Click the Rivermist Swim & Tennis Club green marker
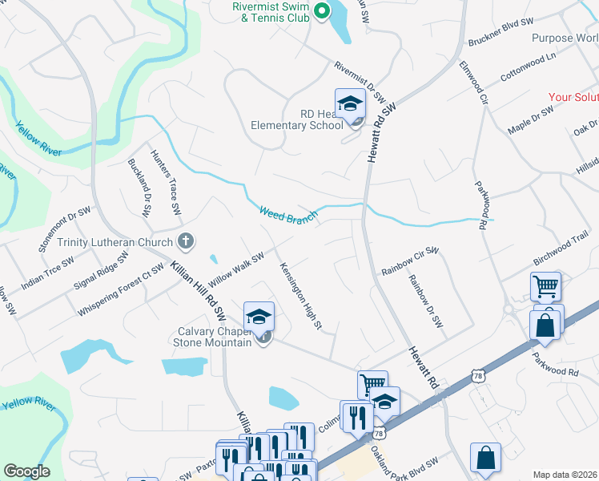(x=321, y=11)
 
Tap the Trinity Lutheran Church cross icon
(x=186, y=240)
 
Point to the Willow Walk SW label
(x=235, y=271)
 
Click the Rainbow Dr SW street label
(x=425, y=301)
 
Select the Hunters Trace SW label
(x=167, y=183)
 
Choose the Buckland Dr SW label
(x=139, y=188)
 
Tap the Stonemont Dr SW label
(x=65, y=229)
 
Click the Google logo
(x=27, y=471)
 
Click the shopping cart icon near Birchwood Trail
(x=545, y=285)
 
